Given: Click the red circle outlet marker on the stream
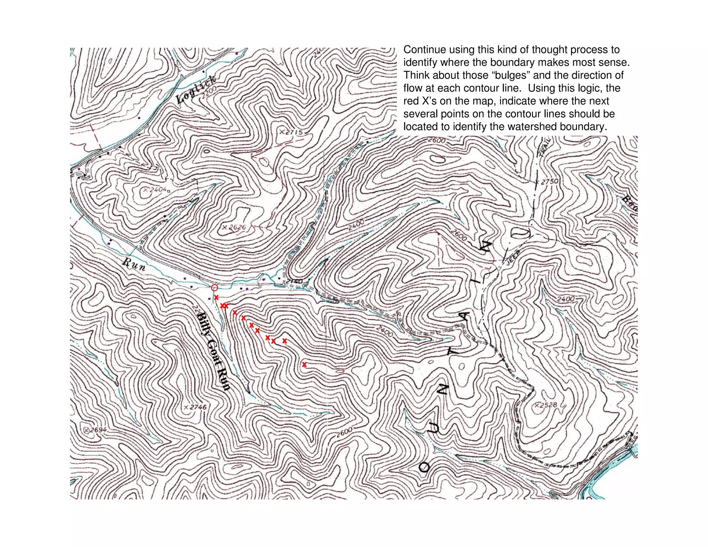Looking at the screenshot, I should (214, 288).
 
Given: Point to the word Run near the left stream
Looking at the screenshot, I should (134, 264).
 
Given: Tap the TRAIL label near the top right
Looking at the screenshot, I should (546, 147).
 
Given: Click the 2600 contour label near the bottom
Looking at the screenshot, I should (344, 432).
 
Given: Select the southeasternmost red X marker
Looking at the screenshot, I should (304, 364).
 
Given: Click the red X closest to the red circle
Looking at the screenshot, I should (216, 297).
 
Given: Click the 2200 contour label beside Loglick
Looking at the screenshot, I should (209, 92).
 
